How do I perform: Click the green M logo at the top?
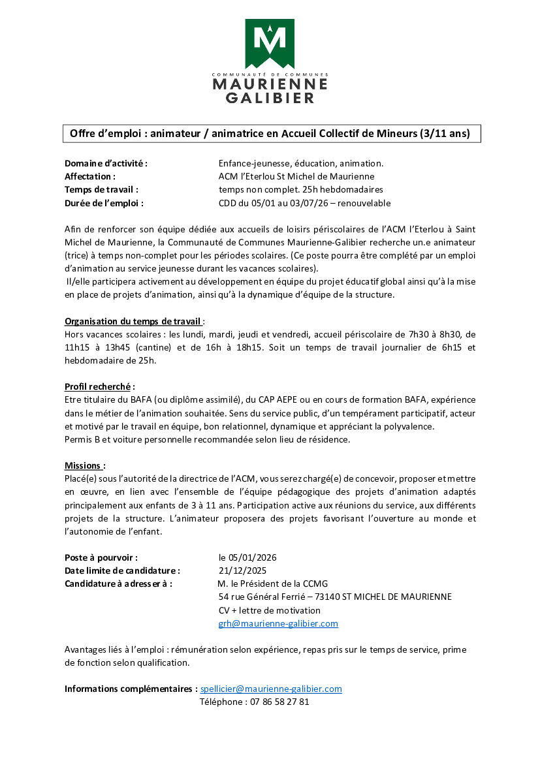[270, 43]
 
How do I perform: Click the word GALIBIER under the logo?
[270, 98]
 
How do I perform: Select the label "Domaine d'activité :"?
[106, 163]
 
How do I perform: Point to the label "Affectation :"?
[90, 176]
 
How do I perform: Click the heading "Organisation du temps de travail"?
[133, 321]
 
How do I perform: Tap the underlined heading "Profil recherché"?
[97, 386]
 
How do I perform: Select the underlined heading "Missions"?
[84, 465]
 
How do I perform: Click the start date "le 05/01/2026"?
[248, 557]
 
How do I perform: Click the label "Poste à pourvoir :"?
[101, 557]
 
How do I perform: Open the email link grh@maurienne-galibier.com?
[278, 623]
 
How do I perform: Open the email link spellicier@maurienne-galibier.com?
[271, 689]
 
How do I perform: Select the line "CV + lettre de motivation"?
[270, 610]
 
